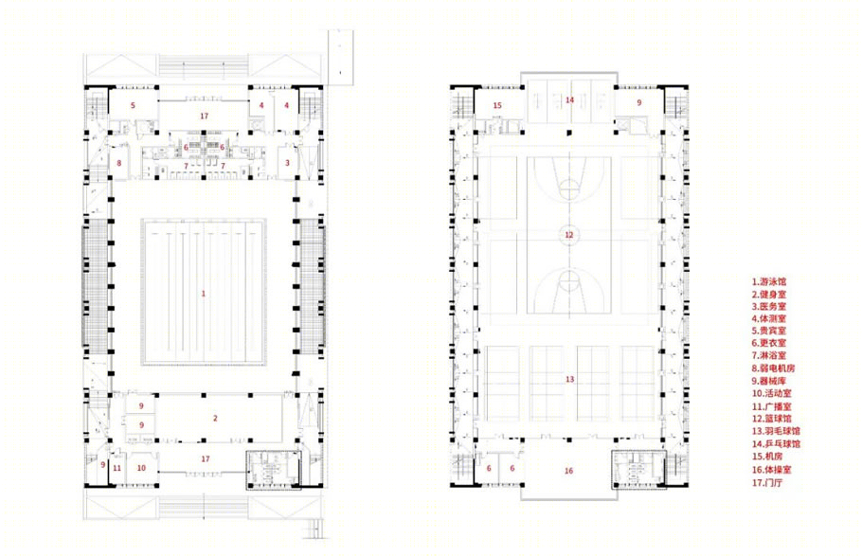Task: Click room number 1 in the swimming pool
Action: pos(204,294)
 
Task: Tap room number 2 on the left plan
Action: pos(216,419)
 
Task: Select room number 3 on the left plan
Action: pos(287,163)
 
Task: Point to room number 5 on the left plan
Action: pos(133,105)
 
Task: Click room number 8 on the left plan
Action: pos(118,163)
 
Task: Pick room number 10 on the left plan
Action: pos(141,468)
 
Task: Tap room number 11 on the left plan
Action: pos(117,468)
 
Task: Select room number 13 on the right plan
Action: pos(569,380)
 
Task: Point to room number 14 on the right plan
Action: pos(569,100)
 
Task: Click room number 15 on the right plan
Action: pos(497,105)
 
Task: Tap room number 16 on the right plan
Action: pos(568,471)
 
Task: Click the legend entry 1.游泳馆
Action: pos(769,281)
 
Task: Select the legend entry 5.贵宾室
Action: pos(769,331)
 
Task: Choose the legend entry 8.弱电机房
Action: pos(774,368)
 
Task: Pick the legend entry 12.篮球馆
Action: pos(772,419)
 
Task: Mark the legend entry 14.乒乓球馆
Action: pos(776,444)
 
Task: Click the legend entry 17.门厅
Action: pos(767,483)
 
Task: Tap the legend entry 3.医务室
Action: pos(769,306)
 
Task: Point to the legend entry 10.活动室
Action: pos(772,394)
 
